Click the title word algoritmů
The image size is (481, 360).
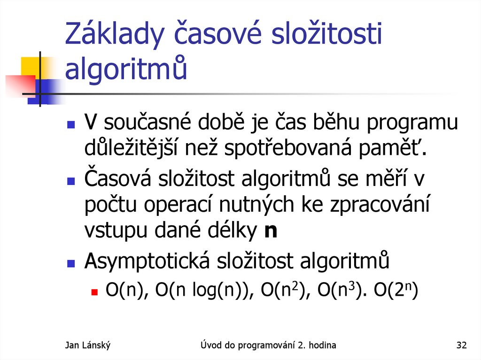(x=126, y=69)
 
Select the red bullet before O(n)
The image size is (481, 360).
(x=94, y=291)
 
